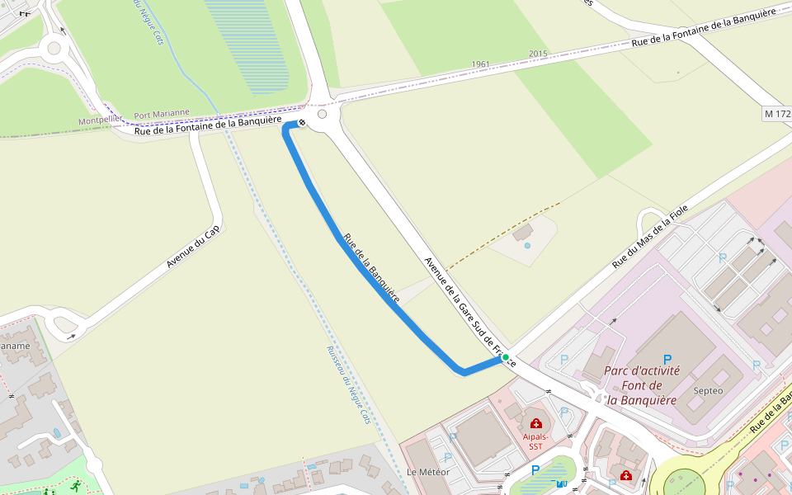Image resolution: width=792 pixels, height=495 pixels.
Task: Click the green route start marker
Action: [x=506, y=357]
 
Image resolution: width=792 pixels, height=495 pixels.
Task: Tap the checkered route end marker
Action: [x=302, y=123]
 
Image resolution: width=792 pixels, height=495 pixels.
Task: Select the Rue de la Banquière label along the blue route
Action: [x=371, y=269]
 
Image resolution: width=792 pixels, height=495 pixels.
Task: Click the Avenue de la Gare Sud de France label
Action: [x=469, y=312]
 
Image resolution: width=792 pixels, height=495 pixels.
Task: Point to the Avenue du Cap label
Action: [x=193, y=247]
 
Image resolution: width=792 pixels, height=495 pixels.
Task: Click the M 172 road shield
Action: [x=776, y=111]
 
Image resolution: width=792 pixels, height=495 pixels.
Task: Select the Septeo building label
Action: [x=709, y=390]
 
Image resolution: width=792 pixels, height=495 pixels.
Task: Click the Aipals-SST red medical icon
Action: [x=535, y=423]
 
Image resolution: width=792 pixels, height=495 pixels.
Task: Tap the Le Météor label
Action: [x=427, y=472]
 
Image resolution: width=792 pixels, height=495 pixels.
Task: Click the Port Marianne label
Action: [x=162, y=114]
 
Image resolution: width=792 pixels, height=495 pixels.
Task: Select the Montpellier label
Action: [x=101, y=120]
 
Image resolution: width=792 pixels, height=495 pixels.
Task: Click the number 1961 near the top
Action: [x=481, y=64]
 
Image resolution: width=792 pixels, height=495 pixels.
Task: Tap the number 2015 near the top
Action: [x=538, y=54]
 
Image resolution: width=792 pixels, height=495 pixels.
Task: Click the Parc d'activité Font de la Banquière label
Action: [x=642, y=385]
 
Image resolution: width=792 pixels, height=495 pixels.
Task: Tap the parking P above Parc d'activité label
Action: [x=667, y=360]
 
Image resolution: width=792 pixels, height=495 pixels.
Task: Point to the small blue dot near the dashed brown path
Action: [x=527, y=245]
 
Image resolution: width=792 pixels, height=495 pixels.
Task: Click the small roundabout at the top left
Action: [x=54, y=48]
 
